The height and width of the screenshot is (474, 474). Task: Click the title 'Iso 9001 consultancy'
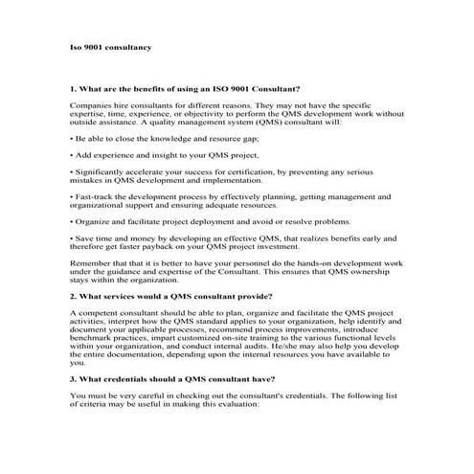(x=111, y=47)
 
